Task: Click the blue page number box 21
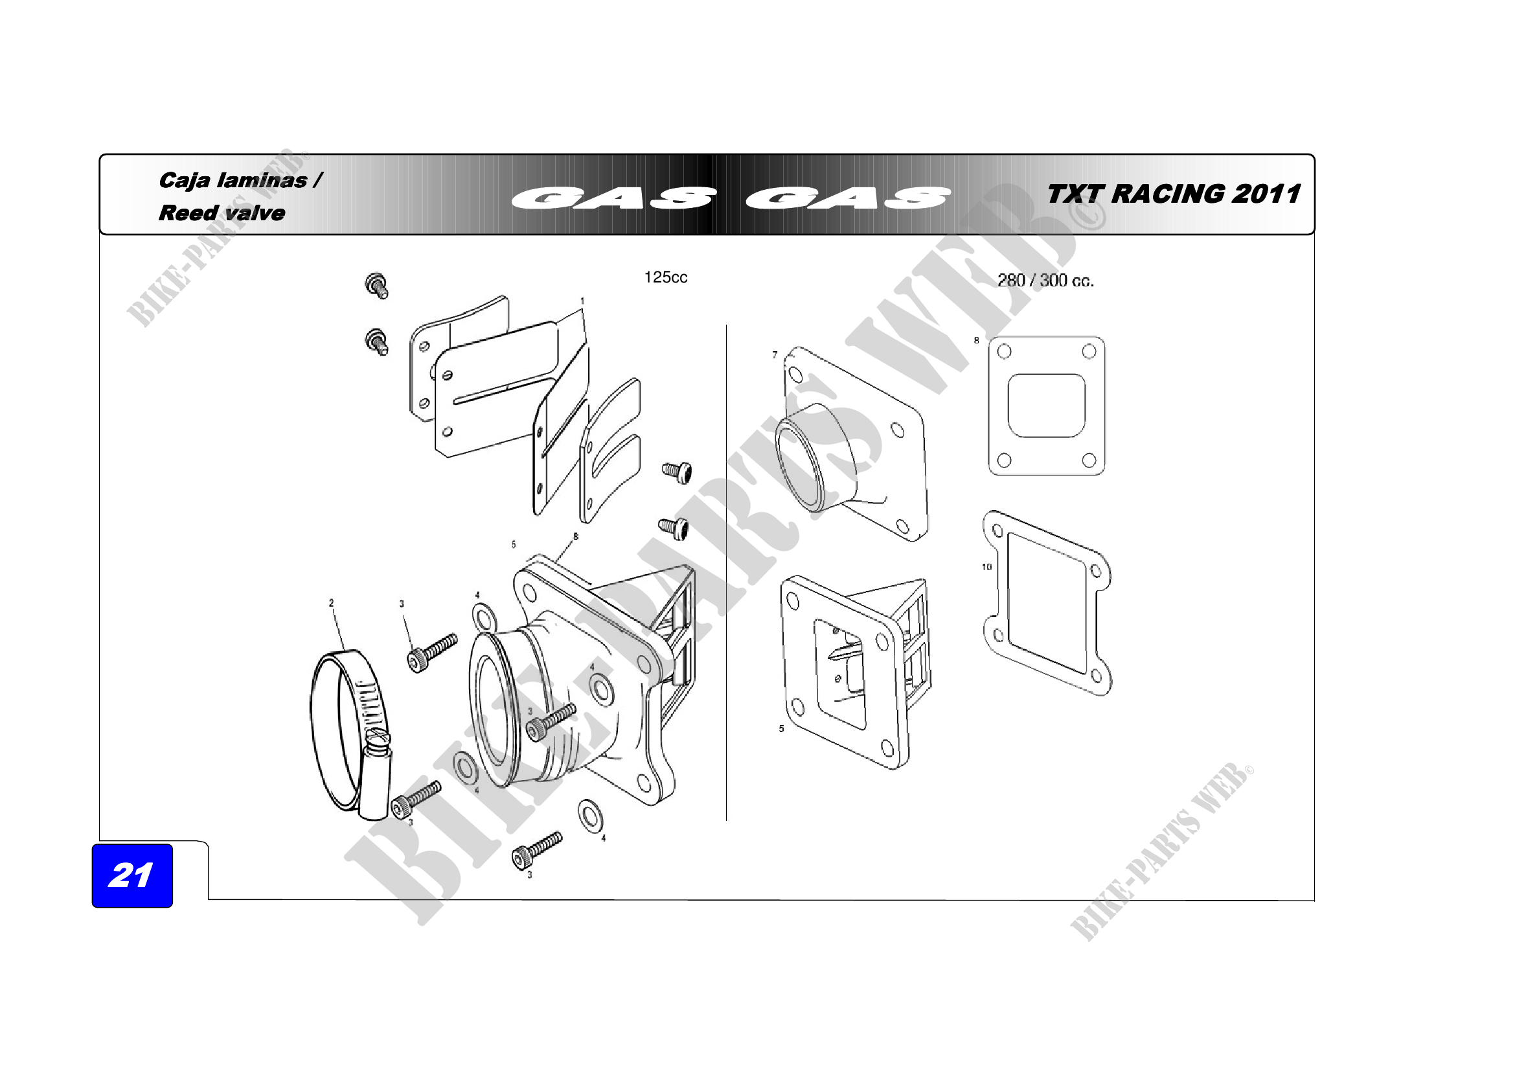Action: tap(132, 875)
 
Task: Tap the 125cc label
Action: tap(665, 277)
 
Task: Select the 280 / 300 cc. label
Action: tap(1045, 281)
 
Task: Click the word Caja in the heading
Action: tap(185, 181)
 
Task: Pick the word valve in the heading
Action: tap(255, 213)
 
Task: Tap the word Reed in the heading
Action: tap(188, 213)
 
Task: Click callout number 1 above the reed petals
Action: tap(582, 301)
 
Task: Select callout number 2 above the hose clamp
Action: tap(331, 603)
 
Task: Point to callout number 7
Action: tap(775, 354)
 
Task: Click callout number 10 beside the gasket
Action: tap(986, 566)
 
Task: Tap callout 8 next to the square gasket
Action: tap(977, 341)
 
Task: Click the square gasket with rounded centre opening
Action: tap(1047, 405)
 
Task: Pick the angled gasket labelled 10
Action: tap(1047, 603)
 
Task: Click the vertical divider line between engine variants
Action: tap(727, 572)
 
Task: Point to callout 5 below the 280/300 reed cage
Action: tap(781, 728)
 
